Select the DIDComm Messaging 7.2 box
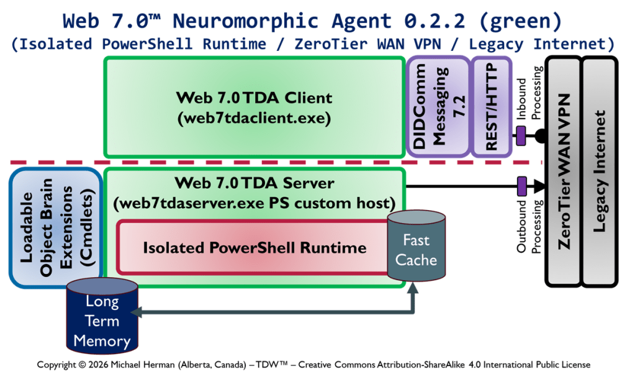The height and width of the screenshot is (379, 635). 437,107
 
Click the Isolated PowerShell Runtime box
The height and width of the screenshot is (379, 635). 254,248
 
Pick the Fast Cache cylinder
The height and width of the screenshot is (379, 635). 416,249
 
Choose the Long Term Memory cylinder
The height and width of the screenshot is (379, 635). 102,321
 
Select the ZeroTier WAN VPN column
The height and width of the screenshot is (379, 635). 565,171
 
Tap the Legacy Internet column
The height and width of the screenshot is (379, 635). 600,171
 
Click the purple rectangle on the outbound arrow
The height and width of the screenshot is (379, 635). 522,185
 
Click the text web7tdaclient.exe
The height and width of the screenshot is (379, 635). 254,117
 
